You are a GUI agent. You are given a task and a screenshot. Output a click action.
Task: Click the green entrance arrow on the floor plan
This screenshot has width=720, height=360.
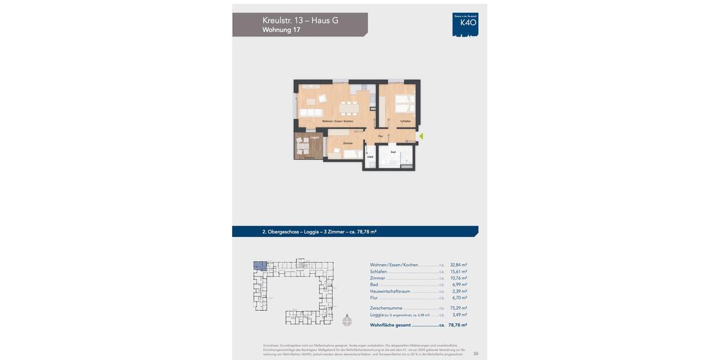tap(421, 136)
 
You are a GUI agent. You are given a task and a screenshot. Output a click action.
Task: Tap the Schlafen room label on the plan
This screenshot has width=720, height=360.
tap(406, 121)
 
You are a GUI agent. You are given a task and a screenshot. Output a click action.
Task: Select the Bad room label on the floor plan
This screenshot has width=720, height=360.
tap(393, 152)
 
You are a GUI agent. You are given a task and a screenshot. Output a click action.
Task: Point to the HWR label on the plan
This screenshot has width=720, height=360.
tap(370, 157)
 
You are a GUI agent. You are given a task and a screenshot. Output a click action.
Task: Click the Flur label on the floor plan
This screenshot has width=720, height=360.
tap(380, 136)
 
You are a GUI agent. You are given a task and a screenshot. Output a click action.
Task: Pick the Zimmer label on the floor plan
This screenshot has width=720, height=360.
tap(347, 143)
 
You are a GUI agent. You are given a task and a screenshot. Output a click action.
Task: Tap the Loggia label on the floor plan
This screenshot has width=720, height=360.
tap(314, 137)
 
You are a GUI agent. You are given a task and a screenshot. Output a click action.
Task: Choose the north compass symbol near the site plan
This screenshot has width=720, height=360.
tap(347, 320)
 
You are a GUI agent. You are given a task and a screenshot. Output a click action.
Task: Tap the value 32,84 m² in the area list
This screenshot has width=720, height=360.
tap(458, 265)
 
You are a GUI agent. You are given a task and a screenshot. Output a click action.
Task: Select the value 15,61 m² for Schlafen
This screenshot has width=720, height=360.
tap(458, 271)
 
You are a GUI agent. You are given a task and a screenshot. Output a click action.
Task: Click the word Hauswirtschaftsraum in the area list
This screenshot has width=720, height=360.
tap(390, 291)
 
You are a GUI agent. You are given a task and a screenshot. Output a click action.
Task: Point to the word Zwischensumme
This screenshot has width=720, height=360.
tap(386, 308)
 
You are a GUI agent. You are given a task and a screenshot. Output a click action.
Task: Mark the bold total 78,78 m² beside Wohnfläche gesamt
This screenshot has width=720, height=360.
tap(457, 325)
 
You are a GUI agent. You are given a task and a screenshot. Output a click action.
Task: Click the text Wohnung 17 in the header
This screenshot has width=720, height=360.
tap(281, 29)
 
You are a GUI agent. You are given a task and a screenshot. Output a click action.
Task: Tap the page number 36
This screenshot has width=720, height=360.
tap(476, 353)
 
